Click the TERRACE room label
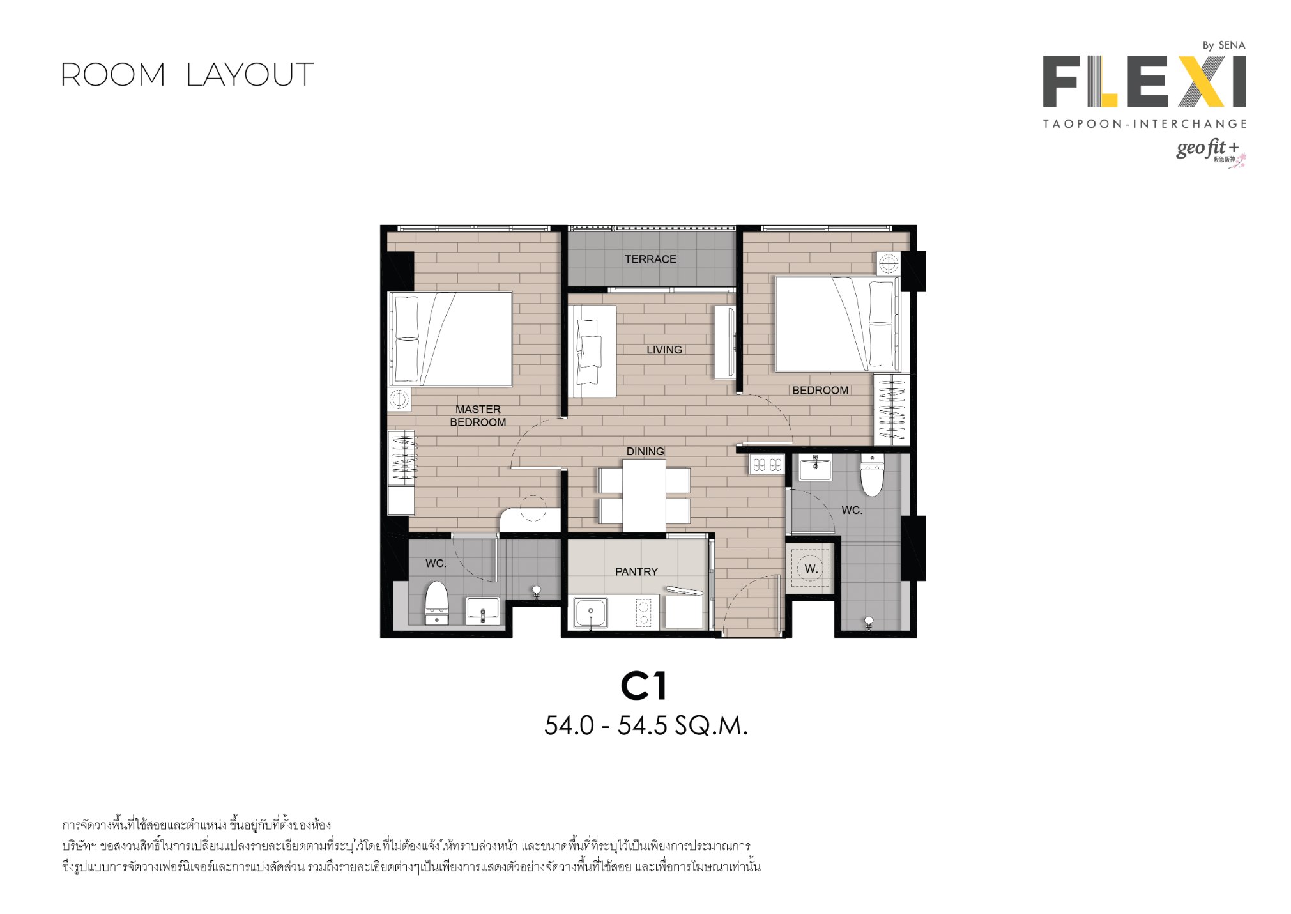[650, 259]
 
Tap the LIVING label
[664, 350]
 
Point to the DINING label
[645, 451]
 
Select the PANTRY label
[636, 571]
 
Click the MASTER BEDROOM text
[478, 415]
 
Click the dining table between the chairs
[644, 495]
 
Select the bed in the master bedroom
[450, 339]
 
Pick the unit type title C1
[644, 686]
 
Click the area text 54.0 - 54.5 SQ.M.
[646, 725]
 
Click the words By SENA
[1224, 45]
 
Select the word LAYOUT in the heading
[250, 75]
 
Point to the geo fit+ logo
[1210, 151]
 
